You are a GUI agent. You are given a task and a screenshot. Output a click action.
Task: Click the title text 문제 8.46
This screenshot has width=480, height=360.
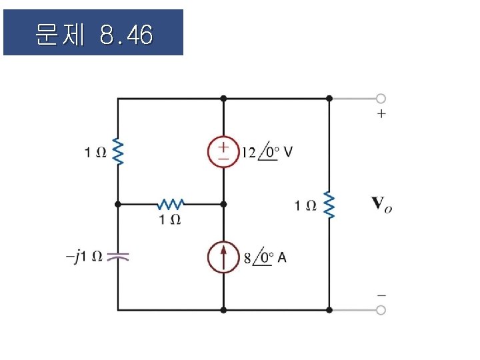(93, 33)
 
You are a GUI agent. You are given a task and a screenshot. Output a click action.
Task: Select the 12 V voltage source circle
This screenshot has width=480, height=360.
(223, 152)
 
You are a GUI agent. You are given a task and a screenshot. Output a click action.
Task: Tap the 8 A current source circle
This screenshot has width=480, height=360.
(223, 257)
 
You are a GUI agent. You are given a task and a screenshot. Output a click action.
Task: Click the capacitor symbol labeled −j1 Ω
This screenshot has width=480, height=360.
(118, 256)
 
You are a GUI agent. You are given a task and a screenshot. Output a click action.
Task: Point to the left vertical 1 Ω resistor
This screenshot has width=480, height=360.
(118, 152)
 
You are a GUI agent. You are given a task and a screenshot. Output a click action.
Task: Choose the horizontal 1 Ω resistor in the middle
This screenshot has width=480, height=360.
(170, 203)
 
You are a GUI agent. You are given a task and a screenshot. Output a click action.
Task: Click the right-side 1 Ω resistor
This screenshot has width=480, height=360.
(329, 205)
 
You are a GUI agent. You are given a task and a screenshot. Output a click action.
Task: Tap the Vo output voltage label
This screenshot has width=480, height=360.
(381, 204)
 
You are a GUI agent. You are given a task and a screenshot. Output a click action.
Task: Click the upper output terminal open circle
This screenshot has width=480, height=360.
(380, 99)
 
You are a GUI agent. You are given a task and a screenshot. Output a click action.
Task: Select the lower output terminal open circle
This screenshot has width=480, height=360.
(380, 310)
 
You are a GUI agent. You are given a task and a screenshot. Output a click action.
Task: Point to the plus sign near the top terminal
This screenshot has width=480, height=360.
(381, 114)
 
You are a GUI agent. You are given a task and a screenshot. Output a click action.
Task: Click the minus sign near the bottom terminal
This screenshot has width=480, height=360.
(381, 294)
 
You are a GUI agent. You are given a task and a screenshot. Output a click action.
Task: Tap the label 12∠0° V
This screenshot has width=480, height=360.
(267, 152)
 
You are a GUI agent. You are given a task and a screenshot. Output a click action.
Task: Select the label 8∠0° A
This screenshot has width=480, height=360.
(265, 257)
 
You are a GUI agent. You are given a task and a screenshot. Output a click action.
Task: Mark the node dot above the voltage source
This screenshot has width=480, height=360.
(223, 99)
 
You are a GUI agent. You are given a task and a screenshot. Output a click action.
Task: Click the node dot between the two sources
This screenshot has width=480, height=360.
(223, 203)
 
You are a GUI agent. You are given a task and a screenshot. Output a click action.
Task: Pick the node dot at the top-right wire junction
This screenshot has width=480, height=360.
(329, 99)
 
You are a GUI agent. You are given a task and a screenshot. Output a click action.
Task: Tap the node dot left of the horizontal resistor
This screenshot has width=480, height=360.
(118, 203)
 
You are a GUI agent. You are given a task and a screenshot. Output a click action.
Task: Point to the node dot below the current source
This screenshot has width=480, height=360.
(223, 310)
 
